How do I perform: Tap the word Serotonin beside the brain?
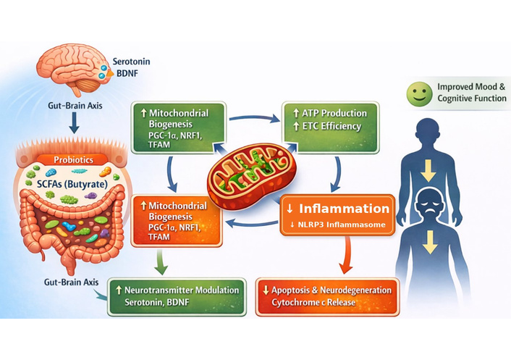pyautogui.click(x=133, y=62)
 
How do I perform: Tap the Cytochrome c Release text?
pyautogui.click(x=314, y=303)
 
